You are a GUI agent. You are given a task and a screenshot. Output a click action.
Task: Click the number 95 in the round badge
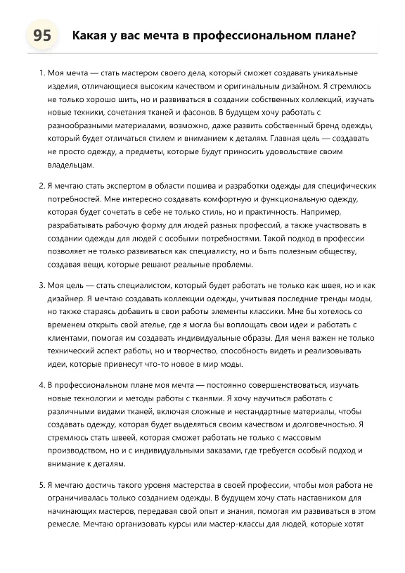tap(41, 36)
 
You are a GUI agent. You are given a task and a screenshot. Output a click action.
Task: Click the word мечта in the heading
tap(158, 36)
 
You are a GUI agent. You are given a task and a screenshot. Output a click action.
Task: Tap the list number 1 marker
tap(41, 73)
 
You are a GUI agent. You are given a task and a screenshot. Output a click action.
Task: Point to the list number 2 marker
tap(41, 186)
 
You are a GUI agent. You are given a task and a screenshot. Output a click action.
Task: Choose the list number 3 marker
tap(41, 285)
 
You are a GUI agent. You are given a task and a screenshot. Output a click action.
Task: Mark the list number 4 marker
tap(41, 385)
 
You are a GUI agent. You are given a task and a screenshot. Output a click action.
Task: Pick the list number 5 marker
tap(41, 485)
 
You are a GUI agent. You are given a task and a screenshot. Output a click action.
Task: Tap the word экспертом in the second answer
tap(124, 186)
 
